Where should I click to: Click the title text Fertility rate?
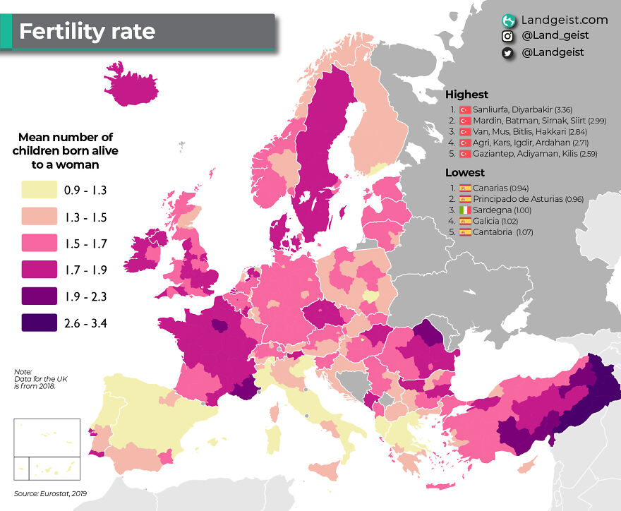[86, 32]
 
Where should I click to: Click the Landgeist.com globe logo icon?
[508, 20]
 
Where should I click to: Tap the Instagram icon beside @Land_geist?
[507, 36]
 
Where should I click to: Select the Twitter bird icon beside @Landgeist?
[507, 52]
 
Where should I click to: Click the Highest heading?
[466, 95]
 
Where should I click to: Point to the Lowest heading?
[464, 173]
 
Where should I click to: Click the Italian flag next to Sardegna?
[465, 210]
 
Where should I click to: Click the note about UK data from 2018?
[35, 379]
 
